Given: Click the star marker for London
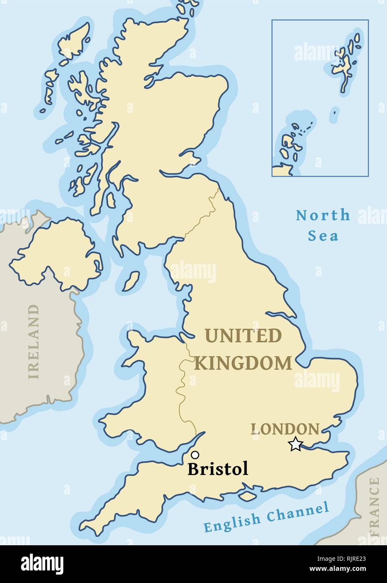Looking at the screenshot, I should point(296,444).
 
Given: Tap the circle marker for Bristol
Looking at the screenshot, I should point(195,455).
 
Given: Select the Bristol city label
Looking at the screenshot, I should point(218,469).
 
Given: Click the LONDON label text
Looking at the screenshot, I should point(285,429).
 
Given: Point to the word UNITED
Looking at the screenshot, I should point(243,336).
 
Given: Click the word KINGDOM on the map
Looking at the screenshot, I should point(243,363).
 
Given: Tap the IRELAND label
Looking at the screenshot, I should point(34,341).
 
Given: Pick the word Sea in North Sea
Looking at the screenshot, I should point(323,236).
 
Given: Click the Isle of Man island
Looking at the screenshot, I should point(131,281).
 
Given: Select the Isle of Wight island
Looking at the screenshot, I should point(247,496).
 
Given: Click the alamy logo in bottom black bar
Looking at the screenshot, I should point(42,564).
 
